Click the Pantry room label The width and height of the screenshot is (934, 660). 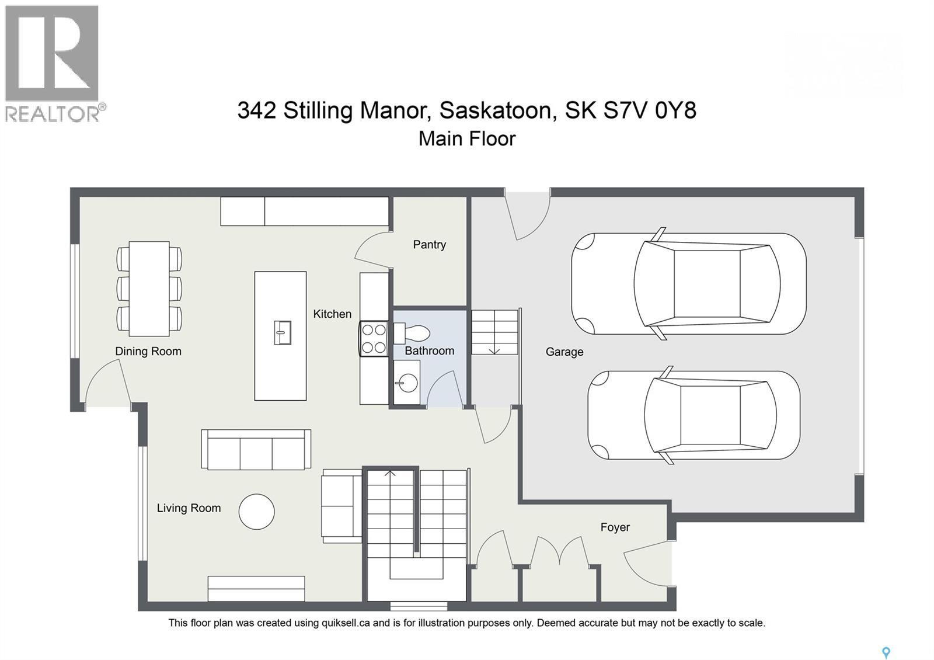(429, 245)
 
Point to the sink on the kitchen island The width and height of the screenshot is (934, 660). (282, 333)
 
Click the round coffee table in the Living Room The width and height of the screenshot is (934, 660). (256, 512)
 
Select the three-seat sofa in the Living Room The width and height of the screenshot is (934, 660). (256, 450)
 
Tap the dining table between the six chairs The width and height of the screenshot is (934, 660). (149, 289)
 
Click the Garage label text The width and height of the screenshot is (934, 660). (564, 352)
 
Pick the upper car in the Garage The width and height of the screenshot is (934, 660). (689, 284)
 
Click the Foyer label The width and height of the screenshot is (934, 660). (615, 527)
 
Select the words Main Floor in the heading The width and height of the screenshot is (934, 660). (467, 139)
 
